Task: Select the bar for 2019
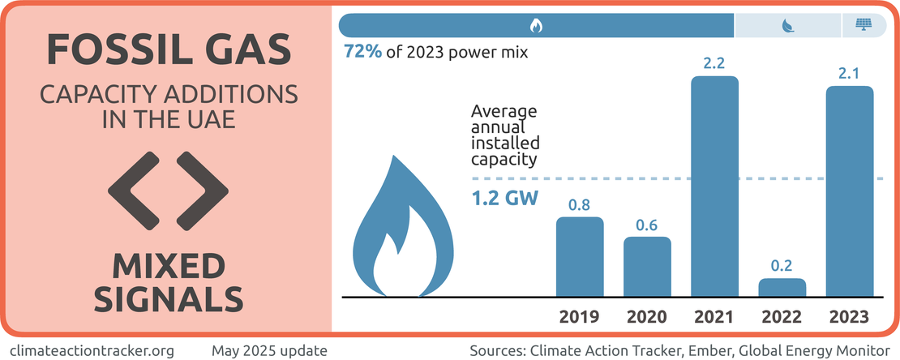[x=580, y=257]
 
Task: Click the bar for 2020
[x=647, y=267]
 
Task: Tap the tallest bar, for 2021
[x=714, y=186]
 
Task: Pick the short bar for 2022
[x=782, y=288]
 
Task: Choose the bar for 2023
[x=850, y=191]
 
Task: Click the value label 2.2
[x=714, y=62]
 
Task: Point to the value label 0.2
[x=782, y=265]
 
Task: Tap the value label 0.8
[x=580, y=204]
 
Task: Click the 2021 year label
[x=714, y=316]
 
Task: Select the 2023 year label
[x=850, y=316]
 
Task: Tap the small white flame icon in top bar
[x=536, y=25]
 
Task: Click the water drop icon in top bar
[x=786, y=25]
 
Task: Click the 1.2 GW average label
[x=504, y=198]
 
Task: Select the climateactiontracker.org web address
[x=92, y=351]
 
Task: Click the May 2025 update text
[x=269, y=351]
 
